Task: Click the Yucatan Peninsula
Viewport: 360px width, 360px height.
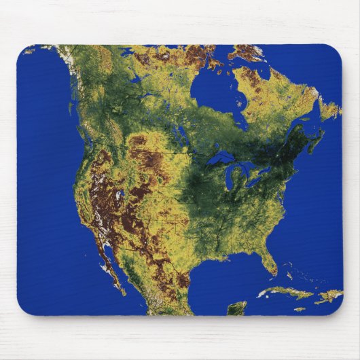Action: pos(236,308)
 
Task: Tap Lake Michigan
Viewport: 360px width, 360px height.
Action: pos(230,181)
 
